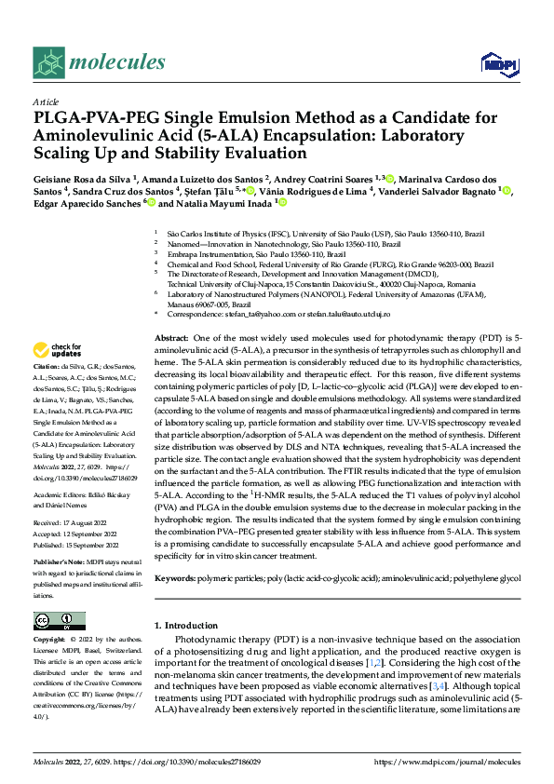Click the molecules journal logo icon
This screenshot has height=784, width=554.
[x=48, y=61]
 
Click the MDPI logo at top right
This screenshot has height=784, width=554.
[x=495, y=62]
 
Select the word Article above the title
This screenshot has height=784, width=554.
[x=46, y=101]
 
